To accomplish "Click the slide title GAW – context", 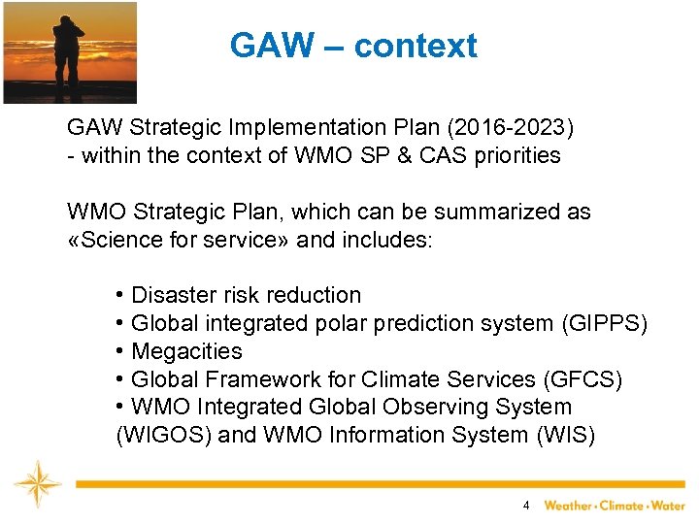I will (353, 46).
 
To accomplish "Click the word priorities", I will (516, 155).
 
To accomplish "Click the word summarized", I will (484, 212).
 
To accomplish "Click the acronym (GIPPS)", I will (604, 323).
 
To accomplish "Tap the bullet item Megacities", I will (185, 351).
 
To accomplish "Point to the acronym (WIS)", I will (566, 436).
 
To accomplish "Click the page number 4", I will (525, 505).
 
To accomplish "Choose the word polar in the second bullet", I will (340, 323).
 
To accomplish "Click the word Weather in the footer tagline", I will (568, 506).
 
